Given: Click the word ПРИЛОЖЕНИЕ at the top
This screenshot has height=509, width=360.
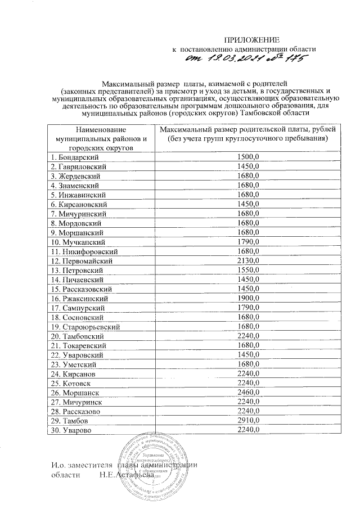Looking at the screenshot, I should click(x=253, y=39).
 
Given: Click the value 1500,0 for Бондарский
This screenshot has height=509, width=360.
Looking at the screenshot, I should click(x=247, y=157).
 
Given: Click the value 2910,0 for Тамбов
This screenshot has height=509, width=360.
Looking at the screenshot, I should click(x=247, y=421).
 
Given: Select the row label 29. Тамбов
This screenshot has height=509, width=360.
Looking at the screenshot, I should click(x=70, y=421).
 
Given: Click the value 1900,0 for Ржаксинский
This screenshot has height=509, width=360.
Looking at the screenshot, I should click(x=247, y=298).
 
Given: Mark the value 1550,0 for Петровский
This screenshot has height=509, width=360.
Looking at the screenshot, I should click(x=247, y=270).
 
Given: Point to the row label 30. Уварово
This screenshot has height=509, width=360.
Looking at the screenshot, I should click(x=71, y=430).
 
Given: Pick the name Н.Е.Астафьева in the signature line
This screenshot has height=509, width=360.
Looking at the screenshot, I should click(x=126, y=475).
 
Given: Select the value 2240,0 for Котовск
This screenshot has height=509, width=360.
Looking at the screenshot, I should click(x=247, y=383).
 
